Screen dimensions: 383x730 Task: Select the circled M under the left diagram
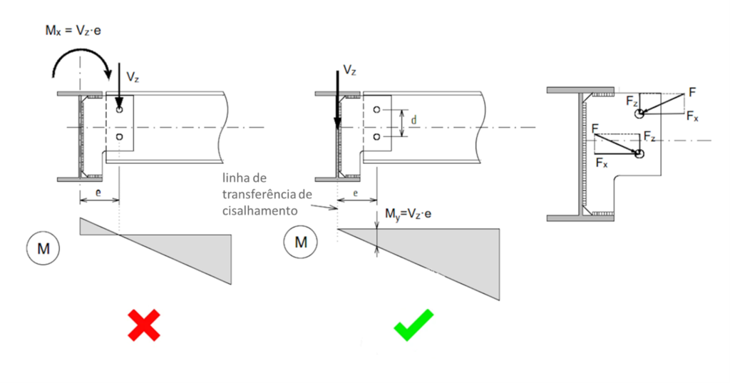[x=43, y=249]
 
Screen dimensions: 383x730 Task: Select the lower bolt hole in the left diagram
[x=119, y=136]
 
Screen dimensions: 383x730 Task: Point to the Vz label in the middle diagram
[x=349, y=70]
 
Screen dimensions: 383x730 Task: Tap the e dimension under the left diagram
[x=98, y=193]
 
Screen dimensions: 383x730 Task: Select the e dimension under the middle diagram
[x=356, y=193]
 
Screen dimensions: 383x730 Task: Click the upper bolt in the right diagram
[x=640, y=113]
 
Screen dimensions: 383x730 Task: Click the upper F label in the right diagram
[x=692, y=92]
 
